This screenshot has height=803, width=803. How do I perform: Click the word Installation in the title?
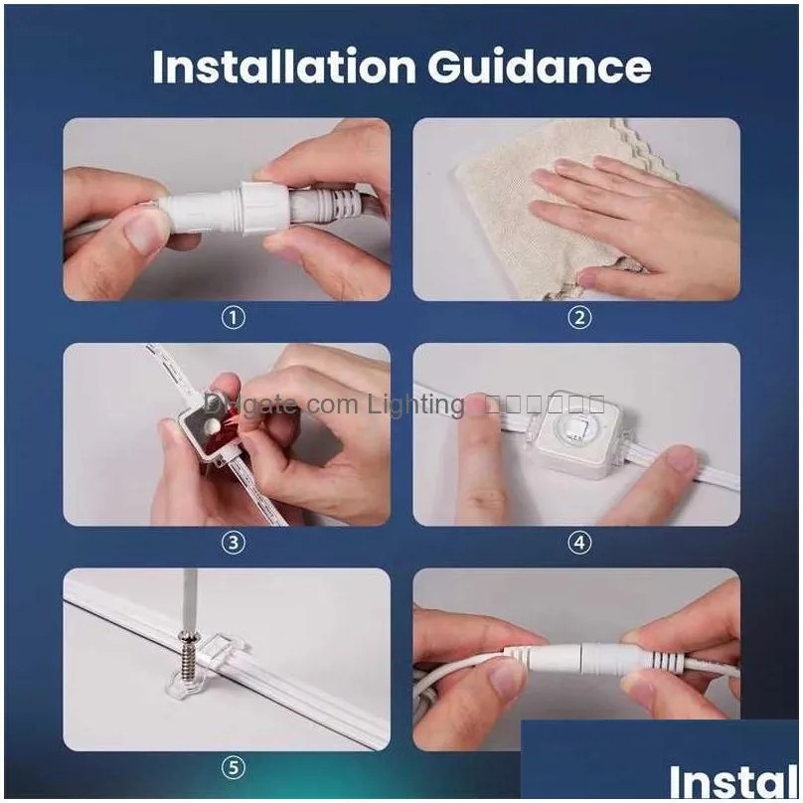(x=284, y=67)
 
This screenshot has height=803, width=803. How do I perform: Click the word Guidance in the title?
(x=540, y=67)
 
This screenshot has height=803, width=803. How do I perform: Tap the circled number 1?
(x=232, y=318)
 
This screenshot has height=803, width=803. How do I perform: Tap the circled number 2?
(x=578, y=318)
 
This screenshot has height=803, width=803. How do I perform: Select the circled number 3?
(x=232, y=543)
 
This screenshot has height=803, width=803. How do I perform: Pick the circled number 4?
(x=578, y=543)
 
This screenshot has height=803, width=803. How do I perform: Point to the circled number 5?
(x=232, y=767)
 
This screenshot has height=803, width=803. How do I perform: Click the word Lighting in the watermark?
(x=415, y=404)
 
